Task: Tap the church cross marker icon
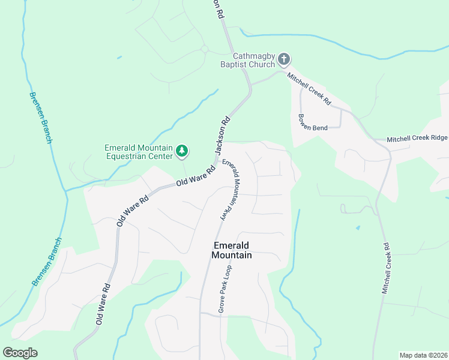tap(285, 59)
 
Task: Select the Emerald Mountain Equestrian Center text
tap(139, 152)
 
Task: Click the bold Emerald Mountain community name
tap(232, 250)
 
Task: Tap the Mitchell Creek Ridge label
tap(417, 138)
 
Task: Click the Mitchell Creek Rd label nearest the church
tap(309, 89)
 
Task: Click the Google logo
tap(20, 352)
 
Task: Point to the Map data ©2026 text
tap(423, 355)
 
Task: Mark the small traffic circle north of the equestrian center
tap(204, 49)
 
